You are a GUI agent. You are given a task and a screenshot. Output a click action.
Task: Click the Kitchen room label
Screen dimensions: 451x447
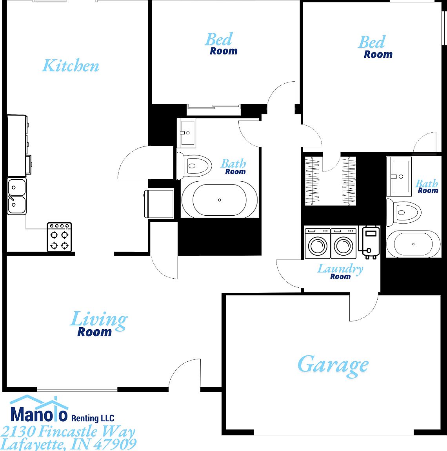[71, 66]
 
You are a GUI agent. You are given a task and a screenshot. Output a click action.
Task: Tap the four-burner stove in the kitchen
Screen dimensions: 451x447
[59, 237]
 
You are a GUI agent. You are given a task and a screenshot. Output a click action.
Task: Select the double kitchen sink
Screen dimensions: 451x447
[16, 196]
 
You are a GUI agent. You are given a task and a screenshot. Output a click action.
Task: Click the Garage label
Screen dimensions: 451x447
[333, 365]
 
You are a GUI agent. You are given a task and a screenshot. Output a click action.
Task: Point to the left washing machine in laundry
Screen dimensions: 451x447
[318, 244]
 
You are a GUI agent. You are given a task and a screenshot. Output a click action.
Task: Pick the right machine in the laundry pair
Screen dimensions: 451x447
[343, 244]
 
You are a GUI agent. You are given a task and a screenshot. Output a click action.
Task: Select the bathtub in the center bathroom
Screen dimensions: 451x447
[219, 200]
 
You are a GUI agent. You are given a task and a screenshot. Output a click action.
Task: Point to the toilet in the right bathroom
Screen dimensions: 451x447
[404, 213]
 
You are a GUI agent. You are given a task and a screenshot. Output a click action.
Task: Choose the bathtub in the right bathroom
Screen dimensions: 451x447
[413, 244]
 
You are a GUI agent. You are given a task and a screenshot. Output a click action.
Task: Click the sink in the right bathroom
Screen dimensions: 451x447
[400, 176]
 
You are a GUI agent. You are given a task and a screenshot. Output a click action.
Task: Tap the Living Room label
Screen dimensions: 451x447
[98, 324]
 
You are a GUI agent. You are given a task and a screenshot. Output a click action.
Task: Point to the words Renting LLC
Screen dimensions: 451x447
[93, 418]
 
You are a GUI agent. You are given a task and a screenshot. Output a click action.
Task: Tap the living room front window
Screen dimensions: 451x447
[77, 389]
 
